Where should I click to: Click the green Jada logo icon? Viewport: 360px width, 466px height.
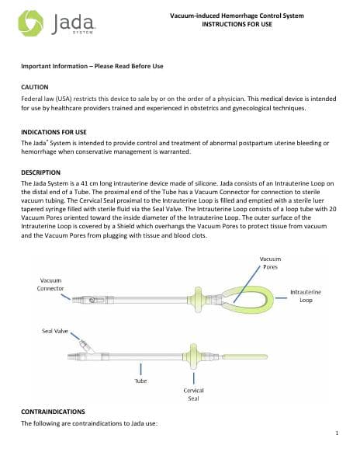pos(30,23)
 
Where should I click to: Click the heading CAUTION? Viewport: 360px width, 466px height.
pos(35,87)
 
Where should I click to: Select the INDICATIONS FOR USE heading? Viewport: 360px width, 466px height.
pos(54,132)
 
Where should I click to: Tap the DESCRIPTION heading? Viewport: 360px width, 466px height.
pos(40,172)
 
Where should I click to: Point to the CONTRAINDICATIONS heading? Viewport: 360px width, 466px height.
pos(53,412)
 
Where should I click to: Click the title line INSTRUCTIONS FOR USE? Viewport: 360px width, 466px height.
pos(237,24)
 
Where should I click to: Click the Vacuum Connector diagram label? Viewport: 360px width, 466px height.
pos(50,284)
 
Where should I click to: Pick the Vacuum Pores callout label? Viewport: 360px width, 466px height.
pos(270,263)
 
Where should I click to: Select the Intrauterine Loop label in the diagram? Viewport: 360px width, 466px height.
pos(306,296)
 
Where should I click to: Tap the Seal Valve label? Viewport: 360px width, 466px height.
pos(55,331)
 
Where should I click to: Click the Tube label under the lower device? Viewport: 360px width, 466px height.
pos(140,381)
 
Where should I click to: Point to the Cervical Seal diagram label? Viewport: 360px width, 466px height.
pos(193,395)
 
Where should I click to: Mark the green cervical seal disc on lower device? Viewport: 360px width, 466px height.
pos(193,356)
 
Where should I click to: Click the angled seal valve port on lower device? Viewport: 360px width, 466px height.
pos(86,346)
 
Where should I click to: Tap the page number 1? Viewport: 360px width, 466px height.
pos(337,433)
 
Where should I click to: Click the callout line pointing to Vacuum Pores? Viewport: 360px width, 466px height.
pos(247,284)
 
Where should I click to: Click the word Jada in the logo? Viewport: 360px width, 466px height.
pos(73,23)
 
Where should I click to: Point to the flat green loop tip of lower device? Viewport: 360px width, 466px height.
pos(245,356)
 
